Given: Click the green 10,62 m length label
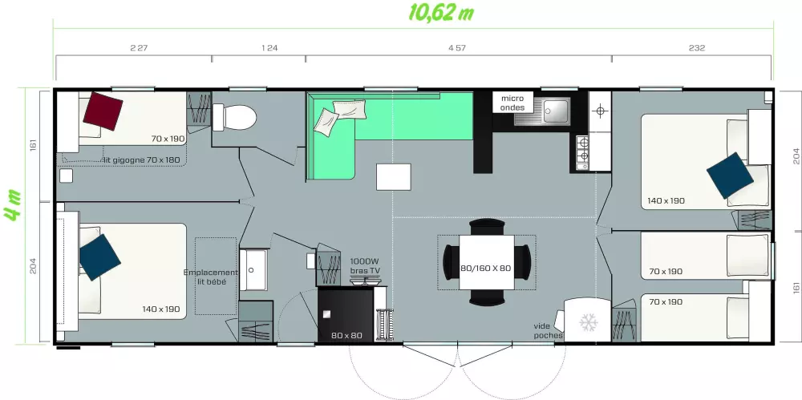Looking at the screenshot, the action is [441, 12].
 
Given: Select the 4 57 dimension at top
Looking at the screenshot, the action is [457, 48].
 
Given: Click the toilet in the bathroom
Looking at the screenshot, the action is [234, 117].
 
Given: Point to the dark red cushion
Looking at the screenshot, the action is [103, 111].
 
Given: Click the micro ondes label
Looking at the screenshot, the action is [512, 103].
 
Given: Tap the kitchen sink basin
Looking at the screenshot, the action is [556, 111].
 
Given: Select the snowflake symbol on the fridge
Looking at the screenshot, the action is [588, 322].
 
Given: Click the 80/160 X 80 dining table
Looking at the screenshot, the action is [487, 262].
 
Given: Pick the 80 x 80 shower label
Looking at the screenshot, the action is [346, 336].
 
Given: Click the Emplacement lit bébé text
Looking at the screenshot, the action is [210, 277].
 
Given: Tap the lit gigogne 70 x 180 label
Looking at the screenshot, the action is [142, 160].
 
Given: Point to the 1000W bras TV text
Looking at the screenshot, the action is [365, 265].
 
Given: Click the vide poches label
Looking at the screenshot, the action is [548, 330].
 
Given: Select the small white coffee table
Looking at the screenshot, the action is [393, 177].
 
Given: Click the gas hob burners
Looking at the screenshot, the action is [582, 152].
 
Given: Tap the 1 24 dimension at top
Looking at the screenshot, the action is [269, 48].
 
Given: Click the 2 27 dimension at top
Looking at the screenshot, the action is [139, 48].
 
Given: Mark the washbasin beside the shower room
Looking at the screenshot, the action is [253, 269].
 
